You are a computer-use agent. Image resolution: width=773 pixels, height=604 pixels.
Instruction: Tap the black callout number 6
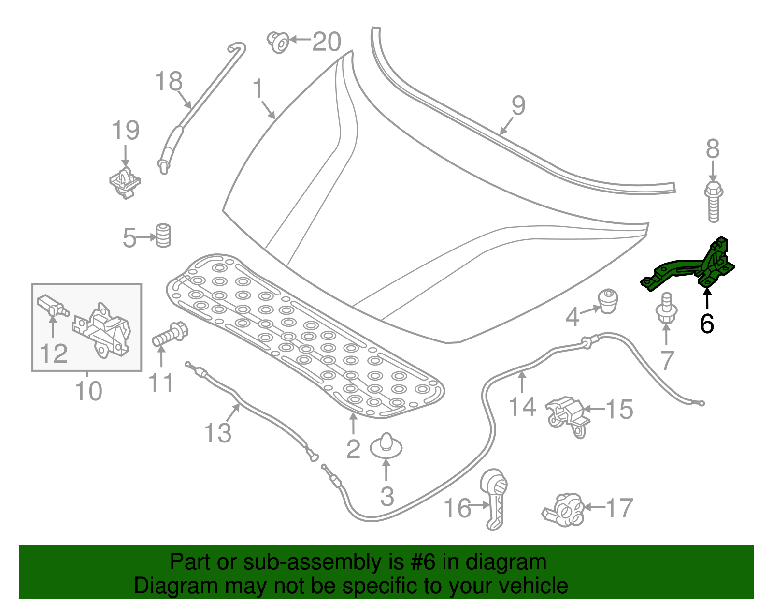click(x=707, y=324)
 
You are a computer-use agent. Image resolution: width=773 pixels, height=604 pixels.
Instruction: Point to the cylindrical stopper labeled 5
click(x=163, y=236)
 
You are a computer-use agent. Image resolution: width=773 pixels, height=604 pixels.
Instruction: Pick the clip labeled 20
click(x=279, y=41)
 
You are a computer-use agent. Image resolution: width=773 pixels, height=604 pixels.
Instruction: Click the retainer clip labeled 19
click(x=125, y=183)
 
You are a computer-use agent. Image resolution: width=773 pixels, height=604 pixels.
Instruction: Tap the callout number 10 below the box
click(x=88, y=390)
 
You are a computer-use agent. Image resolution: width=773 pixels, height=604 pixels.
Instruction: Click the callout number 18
click(x=169, y=81)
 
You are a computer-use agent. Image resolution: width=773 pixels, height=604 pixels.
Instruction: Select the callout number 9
click(x=518, y=105)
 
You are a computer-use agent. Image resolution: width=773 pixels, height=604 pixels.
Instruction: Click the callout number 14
click(x=522, y=406)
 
